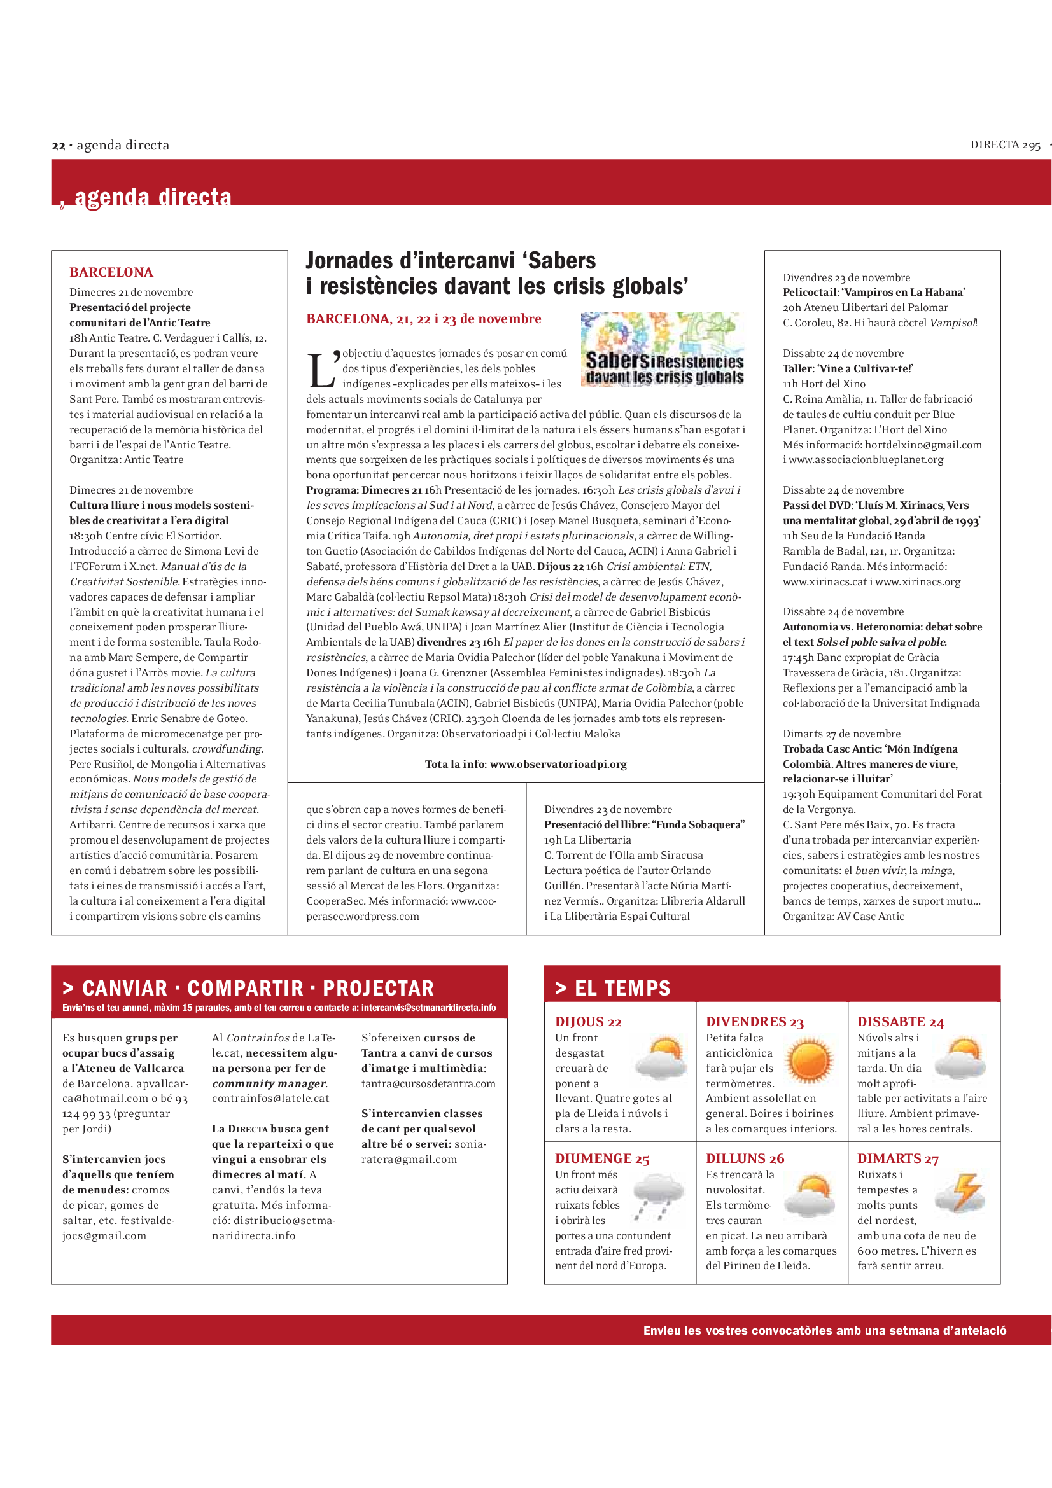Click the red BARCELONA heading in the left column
(111, 272)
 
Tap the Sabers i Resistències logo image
(663, 349)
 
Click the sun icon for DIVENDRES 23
(809, 1060)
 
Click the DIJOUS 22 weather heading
(588, 1022)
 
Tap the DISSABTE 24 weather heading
(901, 1022)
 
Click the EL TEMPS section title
(622, 989)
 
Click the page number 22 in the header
(59, 146)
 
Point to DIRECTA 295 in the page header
(1005, 145)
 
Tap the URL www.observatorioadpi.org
(558, 764)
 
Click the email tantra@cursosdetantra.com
(428, 1083)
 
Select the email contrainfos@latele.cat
(270, 1099)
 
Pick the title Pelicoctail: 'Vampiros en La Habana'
(874, 292)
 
